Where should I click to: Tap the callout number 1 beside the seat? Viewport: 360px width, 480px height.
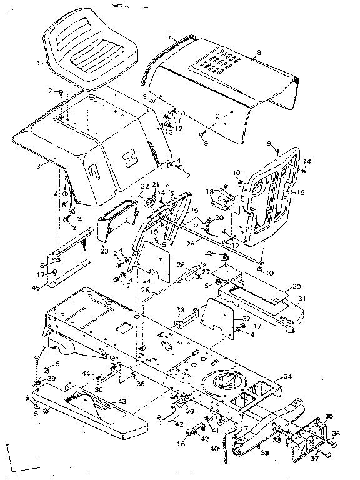pyautogui.click(x=38, y=62)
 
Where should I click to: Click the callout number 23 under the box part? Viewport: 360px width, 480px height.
pyautogui.click(x=104, y=251)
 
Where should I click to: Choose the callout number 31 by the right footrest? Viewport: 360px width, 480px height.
pyautogui.click(x=302, y=298)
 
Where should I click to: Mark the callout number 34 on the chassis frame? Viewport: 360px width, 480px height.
pyautogui.click(x=287, y=376)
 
